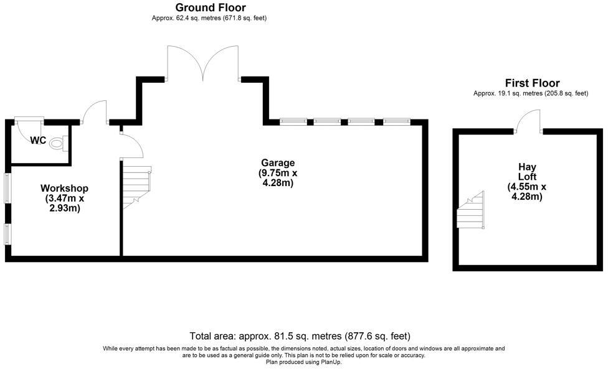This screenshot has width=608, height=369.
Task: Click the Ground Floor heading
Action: [210, 7]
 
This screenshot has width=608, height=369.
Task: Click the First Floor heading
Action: [531, 83]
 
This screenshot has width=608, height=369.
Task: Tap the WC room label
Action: [38, 141]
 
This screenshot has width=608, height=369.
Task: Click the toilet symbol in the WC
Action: [57, 144]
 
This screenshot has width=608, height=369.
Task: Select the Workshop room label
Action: [64, 188]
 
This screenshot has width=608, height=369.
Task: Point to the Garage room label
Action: [278, 163]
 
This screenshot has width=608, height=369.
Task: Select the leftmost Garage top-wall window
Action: [293, 121]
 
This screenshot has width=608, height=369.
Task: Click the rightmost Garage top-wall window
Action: [396, 121]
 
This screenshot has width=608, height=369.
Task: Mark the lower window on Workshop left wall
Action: [7, 235]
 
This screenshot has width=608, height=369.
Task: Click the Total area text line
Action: [300, 336]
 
